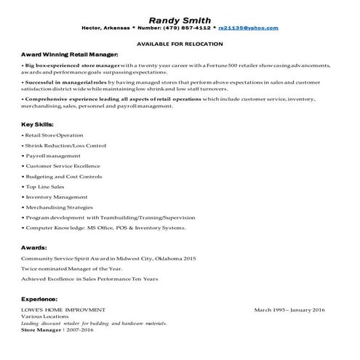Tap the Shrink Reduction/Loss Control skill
click(65, 145)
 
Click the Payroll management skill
click(52, 156)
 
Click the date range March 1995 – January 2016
click(290, 310)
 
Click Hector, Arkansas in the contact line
click(108, 28)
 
